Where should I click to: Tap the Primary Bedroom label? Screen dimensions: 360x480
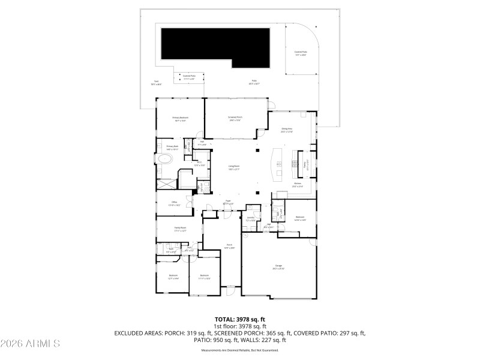point(180,119)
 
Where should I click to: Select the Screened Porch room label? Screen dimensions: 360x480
point(235,118)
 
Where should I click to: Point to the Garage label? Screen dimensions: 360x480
point(278,268)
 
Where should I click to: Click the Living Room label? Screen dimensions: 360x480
point(234,168)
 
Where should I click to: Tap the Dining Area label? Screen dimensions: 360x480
point(287,130)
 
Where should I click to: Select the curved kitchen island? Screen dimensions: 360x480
point(278,164)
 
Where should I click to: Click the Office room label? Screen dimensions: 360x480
point(174,203)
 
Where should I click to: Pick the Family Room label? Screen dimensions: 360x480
point(180,229)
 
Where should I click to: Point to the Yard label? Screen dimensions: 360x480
point(156,82)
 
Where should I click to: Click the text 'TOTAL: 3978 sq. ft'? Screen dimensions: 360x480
point(240,319)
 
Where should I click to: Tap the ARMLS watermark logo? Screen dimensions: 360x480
point(30,344)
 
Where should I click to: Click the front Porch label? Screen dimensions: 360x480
point(229,245)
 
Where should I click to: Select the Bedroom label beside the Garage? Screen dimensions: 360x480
point(299,218)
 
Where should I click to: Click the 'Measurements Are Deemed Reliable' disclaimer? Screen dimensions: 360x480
point(240,350)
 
